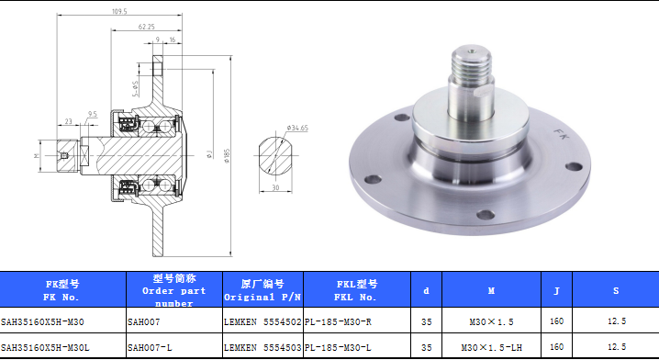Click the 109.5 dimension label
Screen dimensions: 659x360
tap(119, 11)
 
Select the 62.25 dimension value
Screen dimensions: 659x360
tap(146, 27)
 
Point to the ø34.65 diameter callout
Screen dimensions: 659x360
tap(297, 128)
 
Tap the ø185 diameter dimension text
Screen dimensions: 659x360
tap(227, 156)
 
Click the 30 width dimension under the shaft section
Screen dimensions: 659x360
tap(275, 187)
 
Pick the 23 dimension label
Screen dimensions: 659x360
tap(69, 121)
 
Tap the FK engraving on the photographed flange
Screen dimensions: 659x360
tap(560, 134)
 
